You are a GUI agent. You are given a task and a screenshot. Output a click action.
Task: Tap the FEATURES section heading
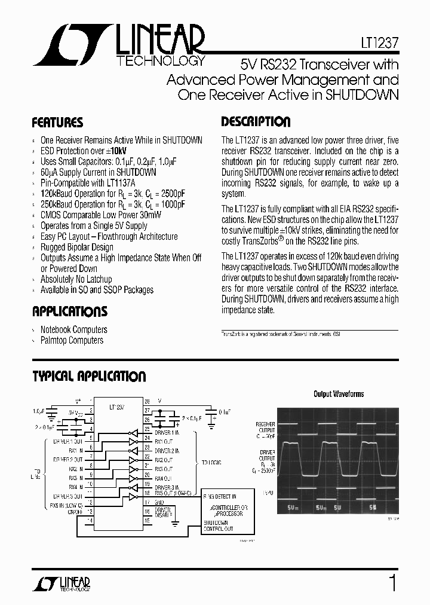point(57,123)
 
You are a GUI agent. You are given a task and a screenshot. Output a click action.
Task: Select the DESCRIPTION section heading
point(256,122)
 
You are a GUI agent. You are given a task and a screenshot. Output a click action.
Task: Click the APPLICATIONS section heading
point(69,311)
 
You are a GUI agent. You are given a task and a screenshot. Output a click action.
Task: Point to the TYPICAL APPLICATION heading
point(88,377)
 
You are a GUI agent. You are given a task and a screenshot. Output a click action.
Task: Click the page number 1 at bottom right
point(392,582)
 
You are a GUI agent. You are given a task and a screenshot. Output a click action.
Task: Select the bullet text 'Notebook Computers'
point(73,329)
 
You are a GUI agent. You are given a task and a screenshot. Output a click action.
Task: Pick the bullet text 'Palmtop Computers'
point(72,340)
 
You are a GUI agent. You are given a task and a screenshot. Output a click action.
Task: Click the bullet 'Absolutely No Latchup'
point(76,279)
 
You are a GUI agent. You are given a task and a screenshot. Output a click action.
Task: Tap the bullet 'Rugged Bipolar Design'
point(76,247)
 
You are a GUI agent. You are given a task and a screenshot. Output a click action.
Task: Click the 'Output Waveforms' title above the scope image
point(339,394)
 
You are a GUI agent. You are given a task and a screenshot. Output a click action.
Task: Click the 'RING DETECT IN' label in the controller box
point(220,497)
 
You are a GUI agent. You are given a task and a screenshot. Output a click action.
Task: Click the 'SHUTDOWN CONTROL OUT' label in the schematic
point(218,525)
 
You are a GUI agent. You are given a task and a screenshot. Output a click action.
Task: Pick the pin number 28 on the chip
point(147,401)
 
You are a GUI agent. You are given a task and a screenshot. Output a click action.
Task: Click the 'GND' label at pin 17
point(159,503)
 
